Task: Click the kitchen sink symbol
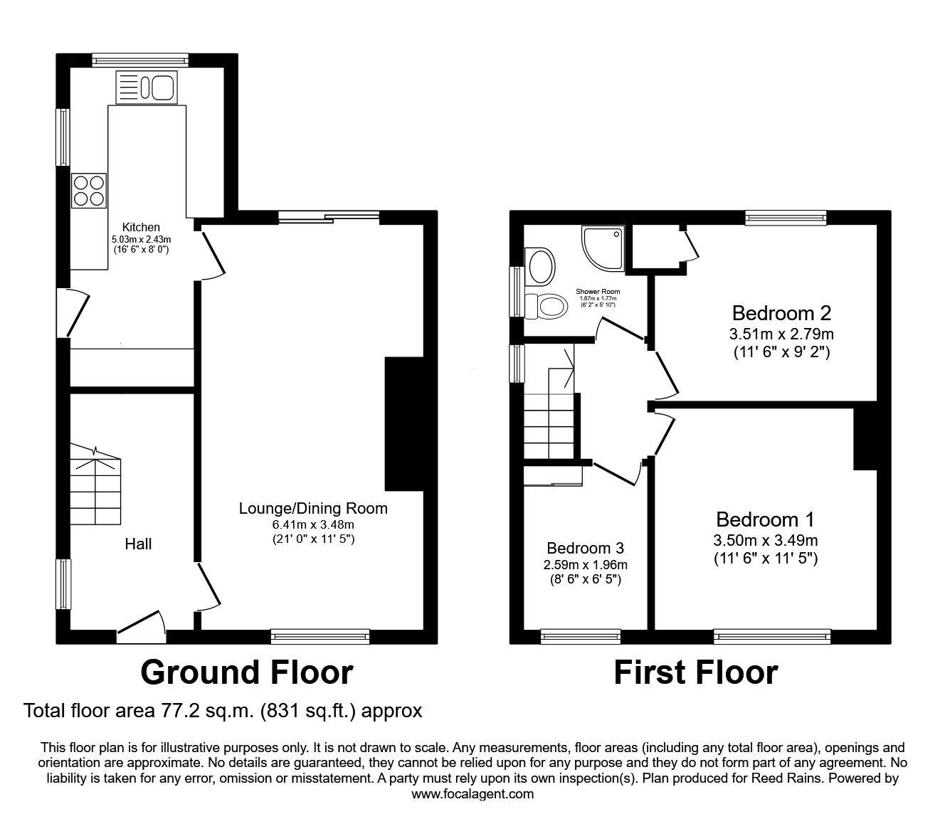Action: [147, 87]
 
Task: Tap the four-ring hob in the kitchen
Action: [89, 191]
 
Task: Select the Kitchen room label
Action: [141, 227]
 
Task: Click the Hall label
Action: [138, 544]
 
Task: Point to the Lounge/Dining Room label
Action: [313, 509]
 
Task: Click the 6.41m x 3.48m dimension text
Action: [313, 524]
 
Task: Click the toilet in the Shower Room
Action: [546, 306]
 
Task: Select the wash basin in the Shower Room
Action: [540, 265]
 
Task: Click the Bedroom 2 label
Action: [781, 313]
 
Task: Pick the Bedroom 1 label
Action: [766, 519]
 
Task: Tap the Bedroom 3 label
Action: [585, 548]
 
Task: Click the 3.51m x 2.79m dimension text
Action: [781, 334]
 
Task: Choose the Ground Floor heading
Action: [247, 672]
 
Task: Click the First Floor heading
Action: [696, 672]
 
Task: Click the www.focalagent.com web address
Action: [472, 794]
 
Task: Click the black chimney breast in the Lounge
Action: [404, 424]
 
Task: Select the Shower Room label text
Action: [598, 291]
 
